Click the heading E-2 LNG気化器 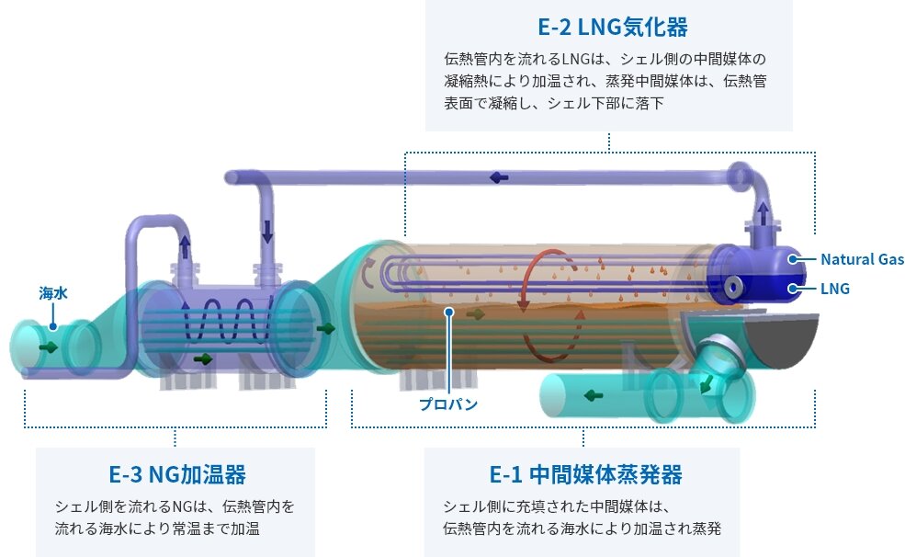pos(613,28)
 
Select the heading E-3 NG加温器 pos(177,474)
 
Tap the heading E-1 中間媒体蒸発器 pos(586,474)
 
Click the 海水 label pos(53,293)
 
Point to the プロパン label pos(448,404)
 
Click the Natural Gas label pos(863,259)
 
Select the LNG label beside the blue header pos(834,288)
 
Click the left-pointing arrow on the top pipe pos(499,177)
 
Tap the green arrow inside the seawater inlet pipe pos(49,347)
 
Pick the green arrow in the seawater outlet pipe pos(594,395)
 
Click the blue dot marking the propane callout pos(449,313)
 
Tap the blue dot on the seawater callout pos(53,326)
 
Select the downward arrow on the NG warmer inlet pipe pos(267,232)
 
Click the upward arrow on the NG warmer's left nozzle pos(185,246)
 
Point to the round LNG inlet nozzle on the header pos(733,287)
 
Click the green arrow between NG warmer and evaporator pos(326,328)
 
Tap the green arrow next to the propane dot pos(476,314)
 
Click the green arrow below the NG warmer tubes pos(203,359)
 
